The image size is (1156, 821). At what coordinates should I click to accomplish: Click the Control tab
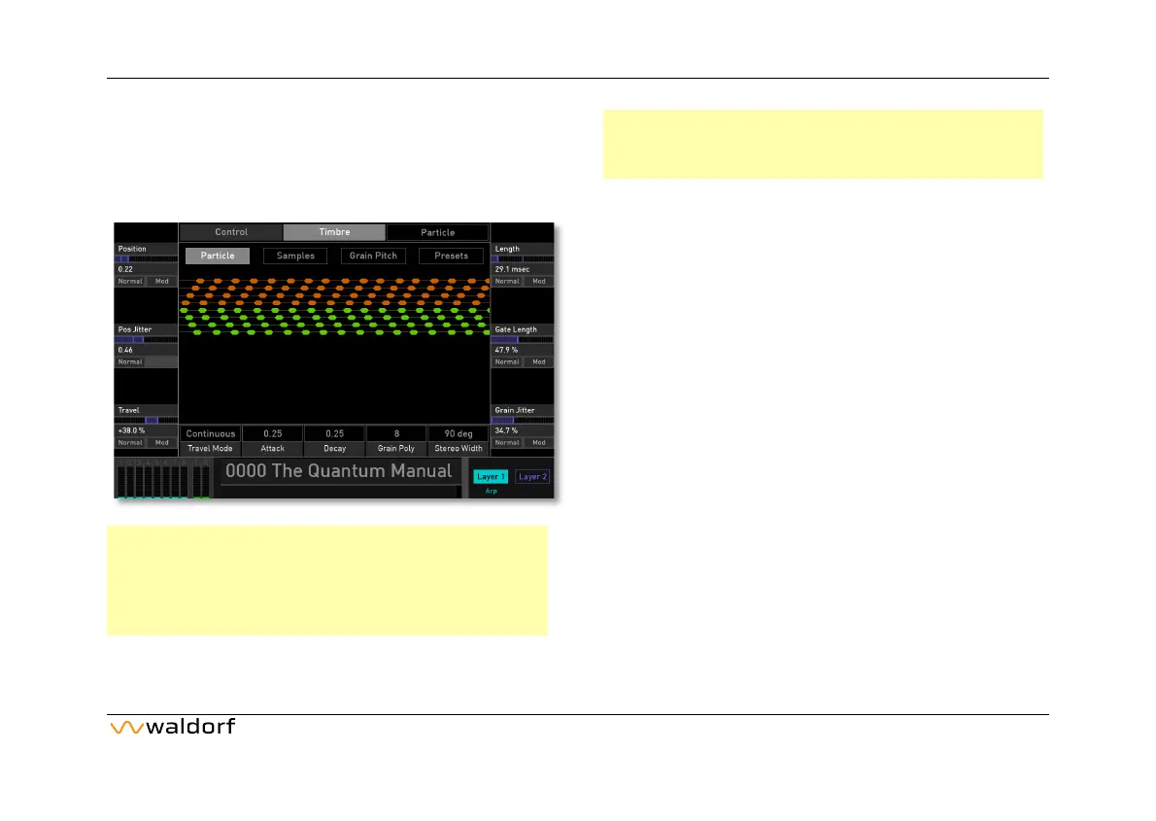point(231,232)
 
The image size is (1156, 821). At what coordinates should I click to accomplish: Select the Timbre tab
point(334,232)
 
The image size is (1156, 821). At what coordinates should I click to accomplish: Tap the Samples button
point(295,256)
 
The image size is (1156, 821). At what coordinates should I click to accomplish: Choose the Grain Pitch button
point(373,256)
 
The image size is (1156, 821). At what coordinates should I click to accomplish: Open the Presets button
point(451,256)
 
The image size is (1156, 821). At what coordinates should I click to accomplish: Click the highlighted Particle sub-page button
point(218,256)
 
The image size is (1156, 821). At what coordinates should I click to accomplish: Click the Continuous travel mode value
point(210,433)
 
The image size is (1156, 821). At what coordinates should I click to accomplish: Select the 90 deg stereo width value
point(458,433)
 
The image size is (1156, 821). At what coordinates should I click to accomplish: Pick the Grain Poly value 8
point(396,433)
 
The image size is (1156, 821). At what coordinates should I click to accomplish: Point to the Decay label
point(334,449)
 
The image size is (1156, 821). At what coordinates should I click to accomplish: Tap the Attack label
point(272,449)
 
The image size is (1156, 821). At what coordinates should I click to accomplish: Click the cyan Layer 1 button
point(491,476)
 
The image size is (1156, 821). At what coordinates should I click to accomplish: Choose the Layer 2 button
point(532,476)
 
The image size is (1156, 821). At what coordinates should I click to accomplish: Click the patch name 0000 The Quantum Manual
point(338,471)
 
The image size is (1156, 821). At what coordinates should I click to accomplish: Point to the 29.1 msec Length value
point(510,269)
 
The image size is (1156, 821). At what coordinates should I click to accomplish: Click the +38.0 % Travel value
point(131,430)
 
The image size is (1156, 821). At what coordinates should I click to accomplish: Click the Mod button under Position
point(161,281)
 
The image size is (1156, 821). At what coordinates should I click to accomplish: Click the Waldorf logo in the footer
point(172,728)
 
